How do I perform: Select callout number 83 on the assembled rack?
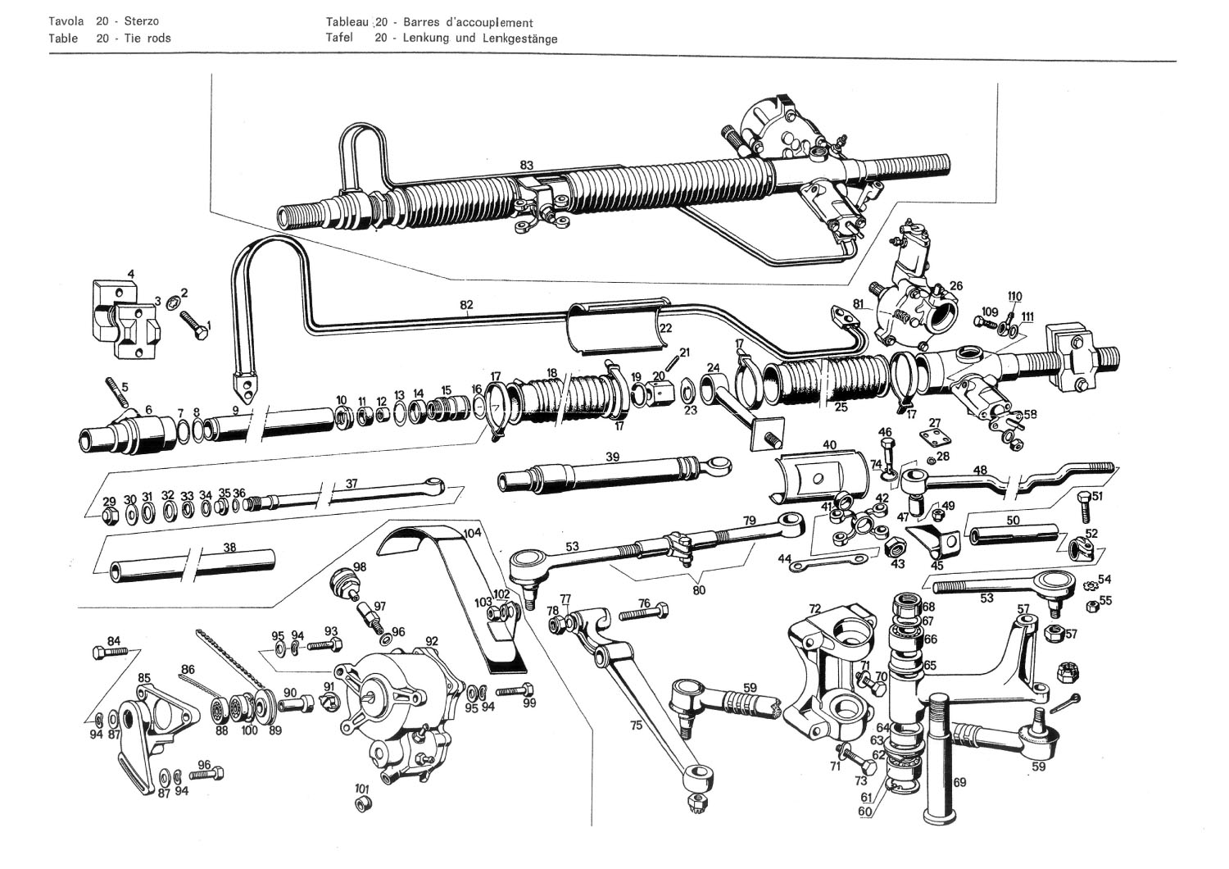pos(527,165)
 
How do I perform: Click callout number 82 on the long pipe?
pos(466,305)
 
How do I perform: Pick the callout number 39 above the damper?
pos(612,457)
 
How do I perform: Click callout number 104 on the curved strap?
pos(472,533)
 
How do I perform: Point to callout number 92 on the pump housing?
pos(432,641)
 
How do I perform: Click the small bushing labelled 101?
pos(361,802)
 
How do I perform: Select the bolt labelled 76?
pos(644,614)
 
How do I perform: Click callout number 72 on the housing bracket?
pos(814,609)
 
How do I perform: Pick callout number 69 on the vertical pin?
pos(959,782)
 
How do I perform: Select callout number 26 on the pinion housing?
pos(955,286)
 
